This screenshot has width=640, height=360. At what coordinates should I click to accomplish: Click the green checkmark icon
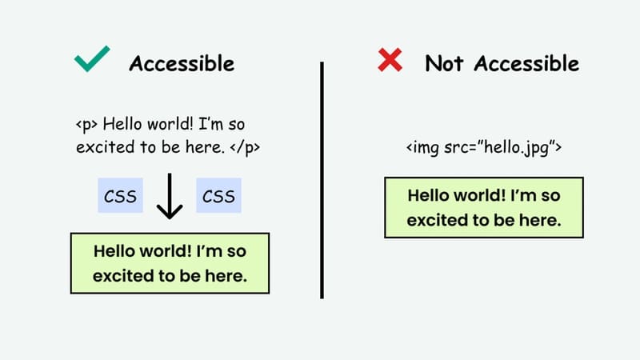pyautogui.click(x=91, y=62)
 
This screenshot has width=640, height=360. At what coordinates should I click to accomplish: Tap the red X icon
pyautogui.click(x=390, y=61)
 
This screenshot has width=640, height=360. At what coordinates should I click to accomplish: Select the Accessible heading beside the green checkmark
pyautogui.click(x=182, y=63)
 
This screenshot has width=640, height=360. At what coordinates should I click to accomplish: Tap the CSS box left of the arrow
pyautogui.click(x=120, y=196)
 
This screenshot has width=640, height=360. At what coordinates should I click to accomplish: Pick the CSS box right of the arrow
pyautogui.click(x=218, y=196)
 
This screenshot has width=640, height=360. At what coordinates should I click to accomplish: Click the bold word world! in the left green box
pyautogui.click(x=161, y=251)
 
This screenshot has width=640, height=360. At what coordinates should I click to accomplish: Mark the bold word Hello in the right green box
pyautogui.click(x=429, y=195)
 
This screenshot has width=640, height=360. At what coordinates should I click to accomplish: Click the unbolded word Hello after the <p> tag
pyautogui.click(x=124, y=126)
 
